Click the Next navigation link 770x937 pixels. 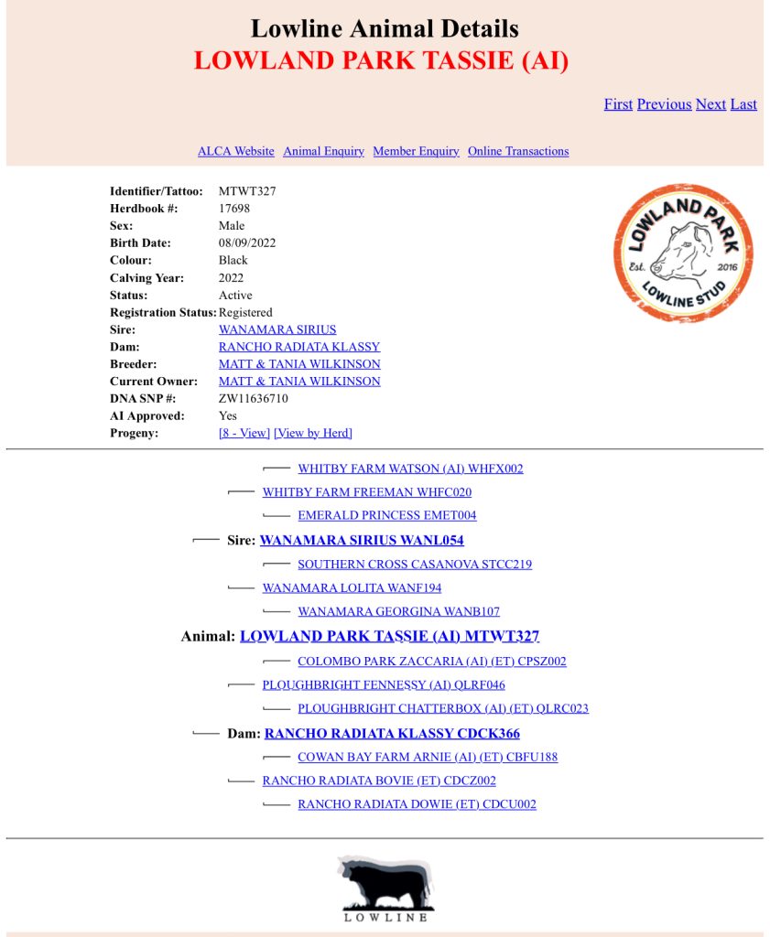(710, 104)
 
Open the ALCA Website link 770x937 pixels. (235, 151)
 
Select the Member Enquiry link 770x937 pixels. (416, 151)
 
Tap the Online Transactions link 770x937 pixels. (518, 151)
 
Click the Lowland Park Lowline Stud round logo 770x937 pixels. (683, 253)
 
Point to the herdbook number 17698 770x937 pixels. (234, 209)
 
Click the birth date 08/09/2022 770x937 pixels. (247, 243)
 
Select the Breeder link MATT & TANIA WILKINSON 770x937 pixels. (299, 364)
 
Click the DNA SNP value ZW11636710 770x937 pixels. (254, 399)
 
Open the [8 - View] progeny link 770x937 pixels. (244, 434)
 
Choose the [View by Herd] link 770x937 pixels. (312, 434)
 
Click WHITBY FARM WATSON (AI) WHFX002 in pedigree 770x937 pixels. (410, 469)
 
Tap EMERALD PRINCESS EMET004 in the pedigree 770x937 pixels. (386, 516)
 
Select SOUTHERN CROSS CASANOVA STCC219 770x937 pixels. (414, 565)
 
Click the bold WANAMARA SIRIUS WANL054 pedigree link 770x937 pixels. (362, 541)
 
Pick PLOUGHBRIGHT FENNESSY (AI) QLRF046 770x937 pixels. (383, 685)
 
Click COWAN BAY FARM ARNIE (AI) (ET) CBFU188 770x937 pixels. (427, 758)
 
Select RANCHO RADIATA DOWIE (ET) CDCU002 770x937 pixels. (417, 805)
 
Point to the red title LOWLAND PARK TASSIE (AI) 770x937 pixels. (381, 61)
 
